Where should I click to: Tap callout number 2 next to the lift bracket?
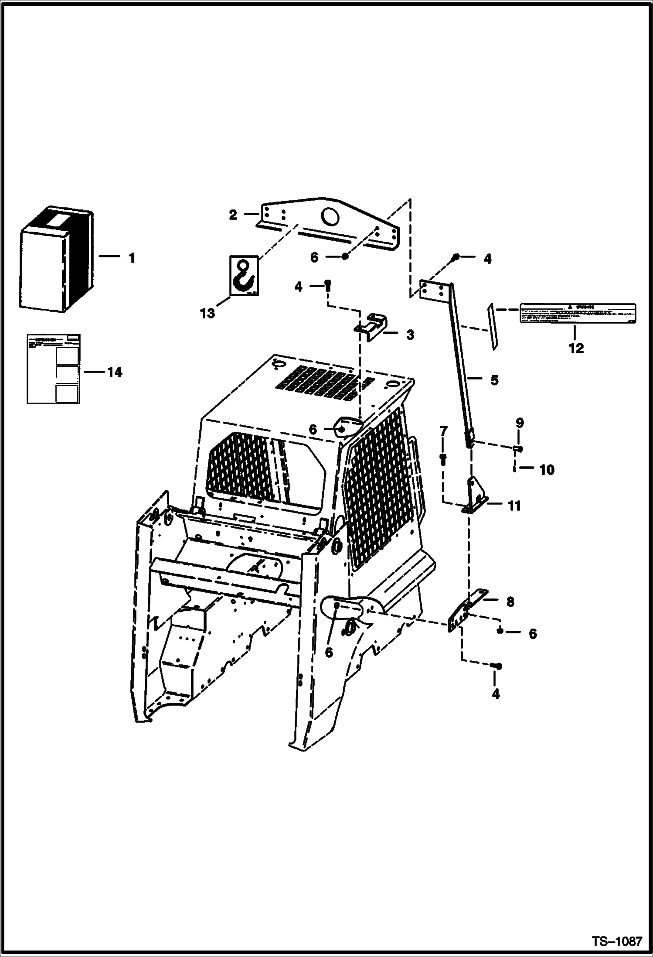(x=233, y=215)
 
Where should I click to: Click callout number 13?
(x=208, y=313)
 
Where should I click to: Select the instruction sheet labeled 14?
(x=54, y=368)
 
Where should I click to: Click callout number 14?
(x=115, y=373)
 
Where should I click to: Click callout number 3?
(x=410, y=335)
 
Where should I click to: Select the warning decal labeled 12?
(x=577, y=313)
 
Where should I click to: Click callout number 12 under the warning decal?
(x=576, y=348)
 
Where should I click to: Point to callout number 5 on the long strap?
(x=494, y=380)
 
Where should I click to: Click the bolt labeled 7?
(x=443, y=458)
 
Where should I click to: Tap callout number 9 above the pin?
(x=520, y=423)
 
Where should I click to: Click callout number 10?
(x=547, y=470)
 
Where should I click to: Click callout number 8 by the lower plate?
(x=510, y=602)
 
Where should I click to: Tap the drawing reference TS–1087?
(x=617, y=941)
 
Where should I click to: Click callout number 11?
(x=514, y=506)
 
